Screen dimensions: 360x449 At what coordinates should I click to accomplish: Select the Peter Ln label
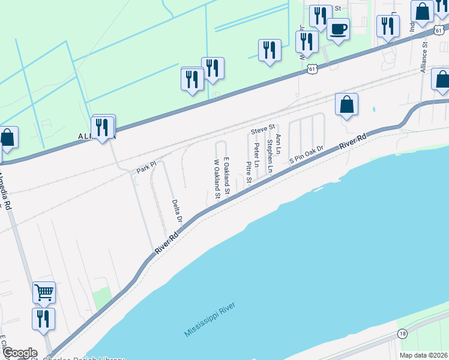[256, 154]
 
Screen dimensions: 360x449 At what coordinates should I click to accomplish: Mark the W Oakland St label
[216, 178]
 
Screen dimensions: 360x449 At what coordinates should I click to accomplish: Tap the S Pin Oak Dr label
[306, 155]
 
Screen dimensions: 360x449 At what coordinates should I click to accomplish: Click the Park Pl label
[146, 167]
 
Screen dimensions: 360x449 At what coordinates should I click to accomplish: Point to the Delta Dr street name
[176, 211]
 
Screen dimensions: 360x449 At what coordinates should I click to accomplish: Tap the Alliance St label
[423, 53]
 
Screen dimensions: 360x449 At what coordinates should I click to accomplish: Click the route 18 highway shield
[402, 334]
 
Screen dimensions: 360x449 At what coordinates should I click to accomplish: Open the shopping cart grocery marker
[44, 292]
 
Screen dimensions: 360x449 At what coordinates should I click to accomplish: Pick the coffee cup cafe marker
[338, 29]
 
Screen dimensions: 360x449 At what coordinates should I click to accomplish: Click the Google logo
[19, 353]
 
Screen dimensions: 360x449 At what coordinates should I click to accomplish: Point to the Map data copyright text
[423, 355]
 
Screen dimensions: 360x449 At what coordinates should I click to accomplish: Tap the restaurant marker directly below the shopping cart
[43, 319]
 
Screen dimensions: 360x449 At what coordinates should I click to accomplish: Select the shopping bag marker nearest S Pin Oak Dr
[346, 105]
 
